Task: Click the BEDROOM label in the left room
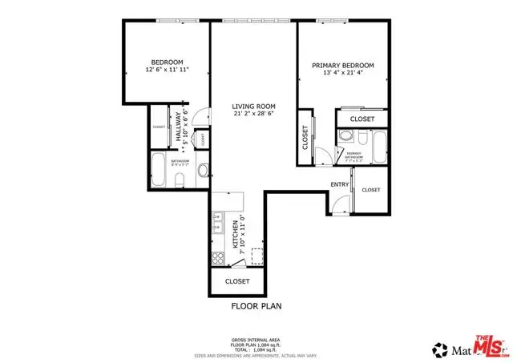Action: (x=167, y=62)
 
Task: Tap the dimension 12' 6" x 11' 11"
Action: (x=167, y=71)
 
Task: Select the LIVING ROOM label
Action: (x=254, y=106)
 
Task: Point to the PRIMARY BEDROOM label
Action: (x=344, y=65)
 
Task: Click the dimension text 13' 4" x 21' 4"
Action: (x=344, y=74)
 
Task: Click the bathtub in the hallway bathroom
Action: (x=159, y=169)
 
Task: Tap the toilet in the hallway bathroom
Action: (x=181, y=176)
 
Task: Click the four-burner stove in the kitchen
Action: (x=217, y=258)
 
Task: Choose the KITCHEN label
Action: (x=236, y=234)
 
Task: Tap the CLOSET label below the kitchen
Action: (x=237, y=281)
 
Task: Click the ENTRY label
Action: (x=340, y=185)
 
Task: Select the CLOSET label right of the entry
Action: (x=370, y=190)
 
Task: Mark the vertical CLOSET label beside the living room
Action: (x=305, y=138)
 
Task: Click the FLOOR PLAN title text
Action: (x=256, y=305)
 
